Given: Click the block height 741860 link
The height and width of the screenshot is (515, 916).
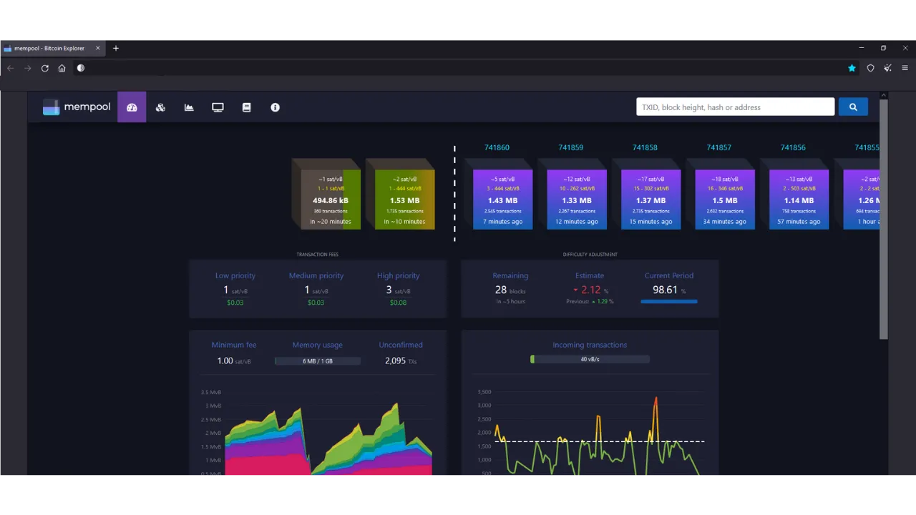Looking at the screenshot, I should pyautogui.click(x=497, y=147).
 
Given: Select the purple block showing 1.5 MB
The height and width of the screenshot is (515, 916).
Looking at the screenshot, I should pyautogui.click(x=724, y=199).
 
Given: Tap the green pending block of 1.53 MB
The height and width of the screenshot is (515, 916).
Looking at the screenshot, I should pyautogui.click(x=404, y=199).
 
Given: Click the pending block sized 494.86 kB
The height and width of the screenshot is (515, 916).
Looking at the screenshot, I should pyautogui.click(x=330, y=199).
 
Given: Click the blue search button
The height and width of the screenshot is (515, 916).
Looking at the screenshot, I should pyautogui.click(x=852, y=107).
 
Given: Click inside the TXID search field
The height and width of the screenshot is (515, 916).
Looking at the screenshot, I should pyautogui.click(x=735, y=107).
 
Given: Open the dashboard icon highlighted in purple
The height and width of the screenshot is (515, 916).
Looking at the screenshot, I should pyautogui.click(x=132, y=107).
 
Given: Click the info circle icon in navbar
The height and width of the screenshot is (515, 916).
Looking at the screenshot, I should pyautogui.click(x=275, y=107).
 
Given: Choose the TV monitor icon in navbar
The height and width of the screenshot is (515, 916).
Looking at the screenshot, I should pyautogui.click(x=218, y=107).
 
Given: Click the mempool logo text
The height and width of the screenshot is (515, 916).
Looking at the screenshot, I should pyautogui.click(x=87, y=107).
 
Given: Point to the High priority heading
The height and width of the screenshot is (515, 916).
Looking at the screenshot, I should pyautogui.click(x=398, y=275).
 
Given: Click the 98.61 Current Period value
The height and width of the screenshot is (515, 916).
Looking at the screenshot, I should pyautogui.click(x=665, y=290).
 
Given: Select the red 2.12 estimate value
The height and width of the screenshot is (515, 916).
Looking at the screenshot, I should pyautogui.click(x=590, y=290).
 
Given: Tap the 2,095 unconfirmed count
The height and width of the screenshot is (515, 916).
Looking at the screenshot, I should pyautogui.click(x=395, y=360).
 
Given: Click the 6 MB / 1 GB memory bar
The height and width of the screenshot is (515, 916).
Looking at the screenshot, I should pyautogui.click(x=317, y=361).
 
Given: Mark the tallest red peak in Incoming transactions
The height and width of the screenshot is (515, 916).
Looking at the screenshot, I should pyautogui.click(x=656, y=398).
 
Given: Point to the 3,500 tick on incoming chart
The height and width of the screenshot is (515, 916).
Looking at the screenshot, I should pyautogui.click(x=484, y=392).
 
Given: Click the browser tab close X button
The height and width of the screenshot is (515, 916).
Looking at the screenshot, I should pyautogui.click(x=98, y=48).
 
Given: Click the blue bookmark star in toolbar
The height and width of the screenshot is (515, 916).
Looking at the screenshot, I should pyautogui.click(x=852, y=68).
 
